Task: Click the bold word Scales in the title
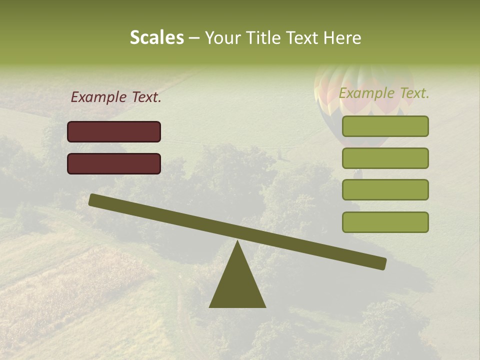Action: tap(156, 37)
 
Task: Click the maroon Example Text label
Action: tap(116, 97)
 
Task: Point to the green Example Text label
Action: tap(384, 93)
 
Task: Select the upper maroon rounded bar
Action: tap(114, 131)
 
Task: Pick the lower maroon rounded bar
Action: tap(114, 163)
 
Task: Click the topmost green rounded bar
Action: tap(385, 126)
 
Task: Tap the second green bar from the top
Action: tap(385, 158)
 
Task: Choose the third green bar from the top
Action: tap(385, 190)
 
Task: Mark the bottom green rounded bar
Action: tap(385, 222)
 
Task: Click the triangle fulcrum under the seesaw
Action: tap(237, 285)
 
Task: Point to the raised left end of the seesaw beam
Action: tap(95, 200)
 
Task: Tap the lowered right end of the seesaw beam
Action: tap(380, 263)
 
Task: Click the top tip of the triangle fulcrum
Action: tap(237, 243)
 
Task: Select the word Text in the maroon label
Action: tap(146, 97)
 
